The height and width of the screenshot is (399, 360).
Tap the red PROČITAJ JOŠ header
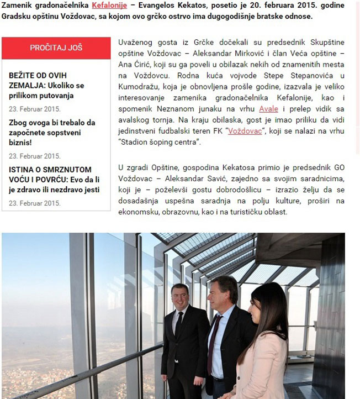[56, 48]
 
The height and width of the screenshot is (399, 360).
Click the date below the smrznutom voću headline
[34, 203]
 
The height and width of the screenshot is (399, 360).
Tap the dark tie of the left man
[179, 326]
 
